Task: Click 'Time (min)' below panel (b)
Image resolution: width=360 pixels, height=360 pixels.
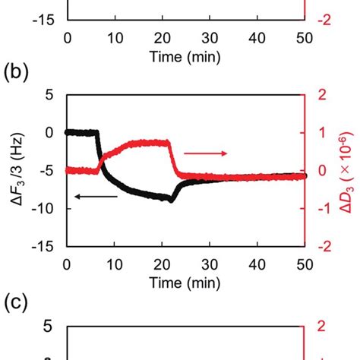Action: [185, 283]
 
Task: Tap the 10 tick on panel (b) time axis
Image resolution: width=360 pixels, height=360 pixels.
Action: [115, 264]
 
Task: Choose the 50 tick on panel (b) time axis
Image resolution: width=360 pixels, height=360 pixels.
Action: [305, 264]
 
